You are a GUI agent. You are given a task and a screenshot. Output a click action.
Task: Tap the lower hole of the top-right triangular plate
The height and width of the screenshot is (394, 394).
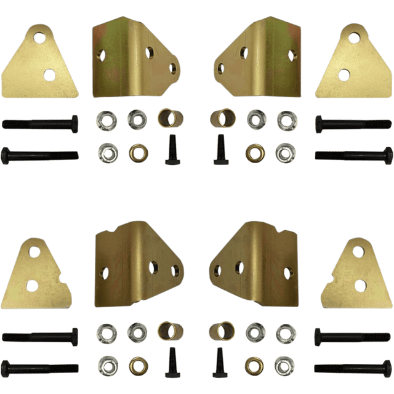tap(344, 75)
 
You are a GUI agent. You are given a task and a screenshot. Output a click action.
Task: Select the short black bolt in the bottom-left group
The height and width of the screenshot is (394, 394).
tap(171, 364)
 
